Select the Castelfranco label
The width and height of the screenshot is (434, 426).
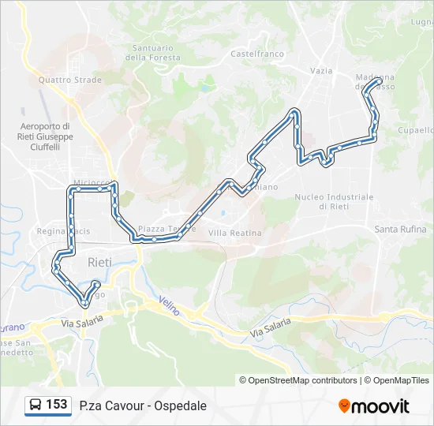pyautogui.click(x=256, y=54)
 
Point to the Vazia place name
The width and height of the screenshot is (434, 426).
pyautogui.click(x=321, y=70)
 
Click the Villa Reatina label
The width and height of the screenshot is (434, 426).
pyautogui.click(x=234, y=234)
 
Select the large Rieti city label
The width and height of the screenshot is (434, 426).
pyautogui.click(x=99, y=262)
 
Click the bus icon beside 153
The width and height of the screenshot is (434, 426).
pyautogui.click(x=36, y=405)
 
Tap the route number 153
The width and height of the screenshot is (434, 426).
pyautogui.click(x=57, y=405)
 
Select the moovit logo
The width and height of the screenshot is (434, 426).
pyautogui.click(x=374, y=406)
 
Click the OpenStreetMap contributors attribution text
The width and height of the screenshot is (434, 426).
pyautogui.click(x=303, y=380)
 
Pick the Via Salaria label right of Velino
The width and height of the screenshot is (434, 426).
pyautogui.click(x=271, y=328)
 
